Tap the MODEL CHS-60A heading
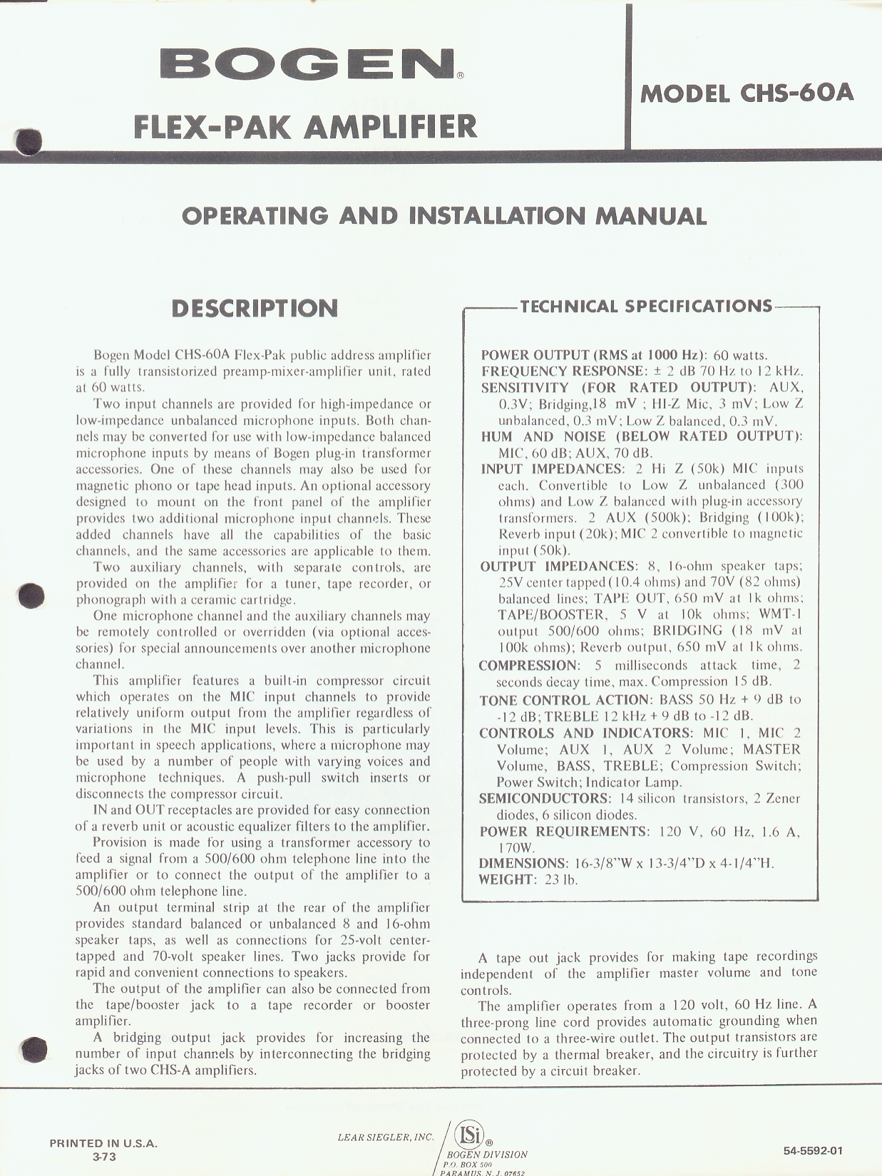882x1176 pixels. (x=747, y=93)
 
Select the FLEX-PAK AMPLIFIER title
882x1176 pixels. (x=305, y=126)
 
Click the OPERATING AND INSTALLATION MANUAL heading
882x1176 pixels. (x=444, y=216)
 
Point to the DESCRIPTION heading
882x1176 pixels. (x=255, y=309)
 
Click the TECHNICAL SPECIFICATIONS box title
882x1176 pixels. (x=646, y=306)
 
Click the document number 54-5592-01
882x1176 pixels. (x=813, y=1150)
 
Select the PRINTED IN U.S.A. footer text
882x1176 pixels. (x=103, y=1144)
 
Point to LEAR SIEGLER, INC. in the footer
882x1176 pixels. (x=385, y=1137)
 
